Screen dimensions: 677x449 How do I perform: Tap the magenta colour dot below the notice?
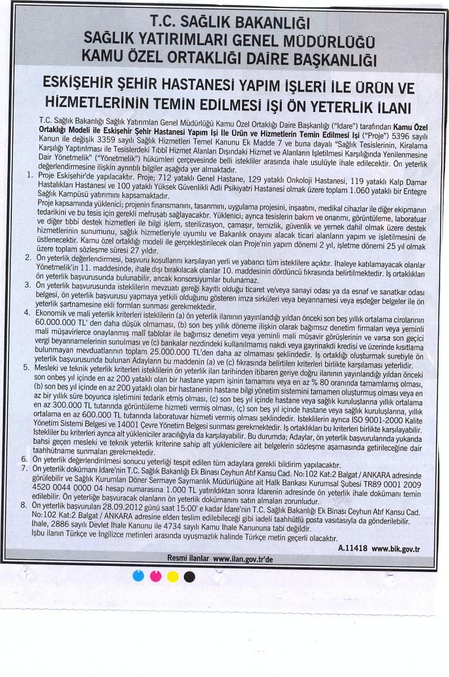coord(156,576)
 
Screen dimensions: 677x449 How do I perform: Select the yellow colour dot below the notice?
coord(173,576)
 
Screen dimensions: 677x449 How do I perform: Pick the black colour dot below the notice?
coord(190,576)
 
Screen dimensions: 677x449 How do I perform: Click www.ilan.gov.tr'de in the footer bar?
coord(243,558)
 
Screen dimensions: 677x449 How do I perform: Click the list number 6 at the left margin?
coord(24,459)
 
